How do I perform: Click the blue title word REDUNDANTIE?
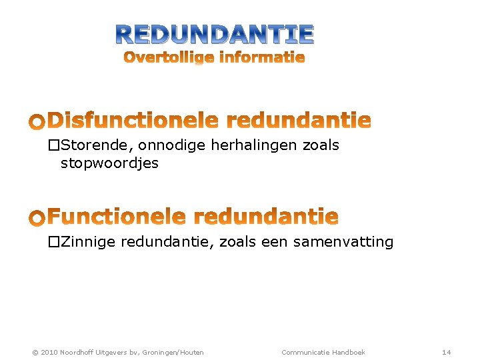coord(215,33)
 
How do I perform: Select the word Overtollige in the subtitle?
coord(169,58)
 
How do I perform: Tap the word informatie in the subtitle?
coord(262,57)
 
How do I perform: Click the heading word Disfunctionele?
coord(133,121)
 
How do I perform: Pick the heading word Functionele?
coord(115,217)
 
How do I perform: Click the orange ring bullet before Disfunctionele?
coord(37,122)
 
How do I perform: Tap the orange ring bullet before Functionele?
coord(37,218)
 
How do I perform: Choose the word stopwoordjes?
coord(109,163)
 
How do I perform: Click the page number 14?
coord(447,352)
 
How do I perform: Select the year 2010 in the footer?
coord(49,352)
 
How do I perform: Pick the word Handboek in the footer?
coord(349,352)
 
